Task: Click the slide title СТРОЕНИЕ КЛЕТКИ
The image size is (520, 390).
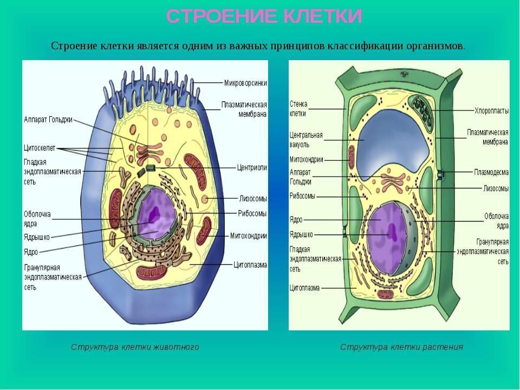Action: pyautogui.click(x=264, y=17)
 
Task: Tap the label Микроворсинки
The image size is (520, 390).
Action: pyautogui.click(x=245, y=83)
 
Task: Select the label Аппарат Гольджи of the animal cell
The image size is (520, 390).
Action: pyautogui.click(x=48, y=120)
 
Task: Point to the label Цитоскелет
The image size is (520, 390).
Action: pyautogui.click(x=40, y=147)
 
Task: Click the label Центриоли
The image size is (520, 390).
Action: pyautogui.click(x=252, y=168)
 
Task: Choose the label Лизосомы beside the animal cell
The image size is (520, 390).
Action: pyautogui.click(x=252, y=198)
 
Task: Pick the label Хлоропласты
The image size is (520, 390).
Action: pyautogui.click(x=491, y=110)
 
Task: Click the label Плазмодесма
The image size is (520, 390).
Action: pyautogui.click(x=491, y=173)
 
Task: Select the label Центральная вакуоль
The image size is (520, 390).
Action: pyautogui.click(x=306, y=140)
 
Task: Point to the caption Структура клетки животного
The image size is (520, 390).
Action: pyautogui.click(x=135, y=347)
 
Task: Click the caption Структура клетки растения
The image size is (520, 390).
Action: pyautogui.click(x=401, y=347)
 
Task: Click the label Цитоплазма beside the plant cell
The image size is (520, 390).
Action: pyautogui.click(x=305, y=287)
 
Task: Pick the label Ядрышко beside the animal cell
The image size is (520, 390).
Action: pyautogui.click(x=37, y=237)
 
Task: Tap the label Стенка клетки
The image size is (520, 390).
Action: pyautogui.click(x=298, y=108)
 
